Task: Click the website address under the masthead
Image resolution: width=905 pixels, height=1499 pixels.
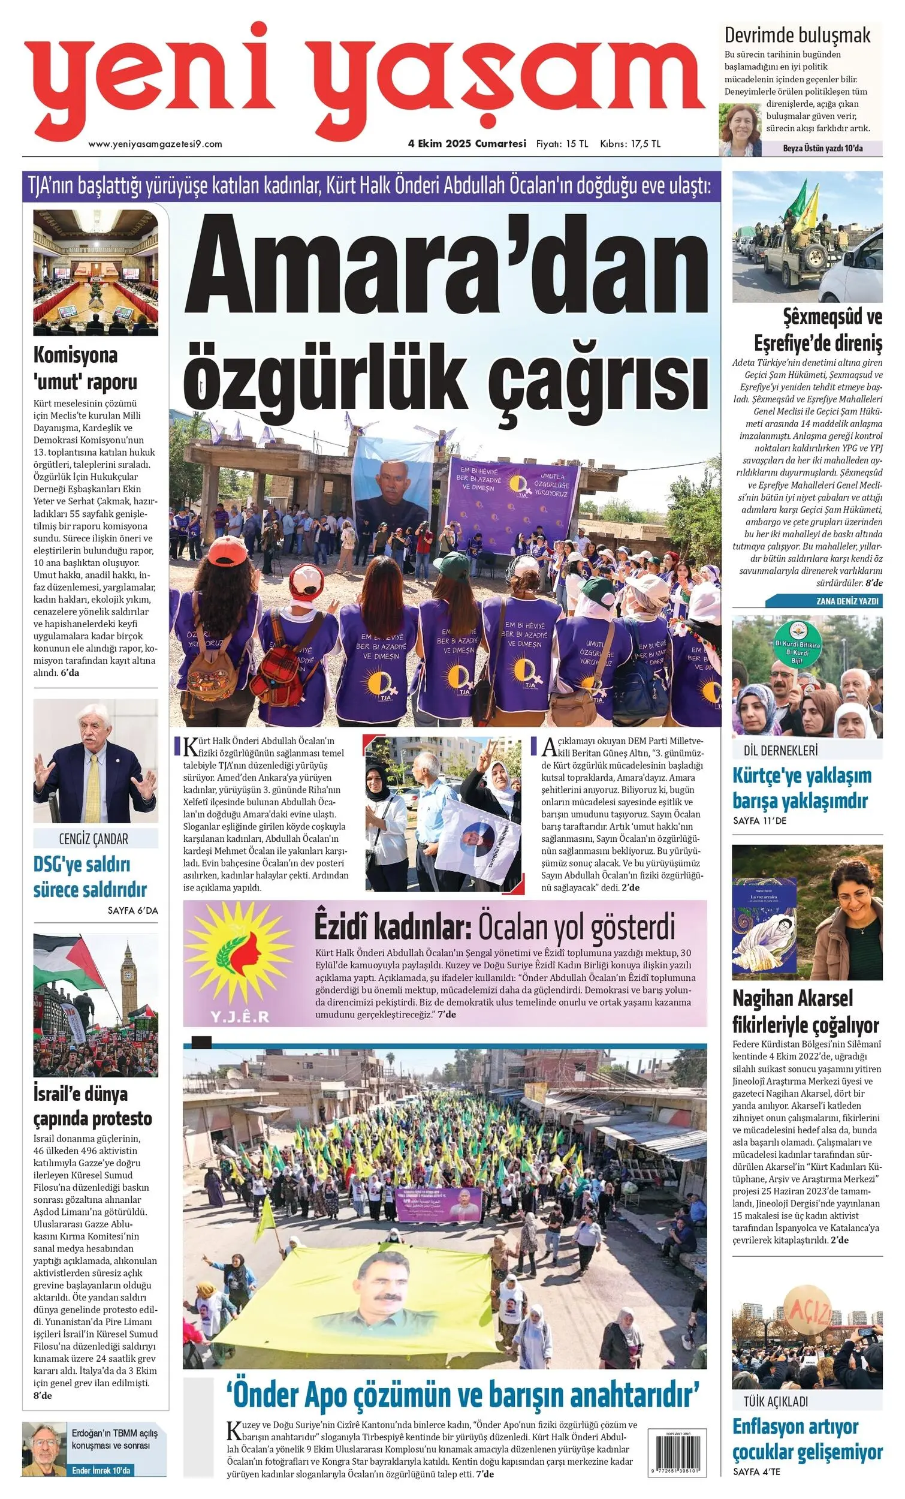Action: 155,144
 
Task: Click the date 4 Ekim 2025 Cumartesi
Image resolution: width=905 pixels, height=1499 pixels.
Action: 466,144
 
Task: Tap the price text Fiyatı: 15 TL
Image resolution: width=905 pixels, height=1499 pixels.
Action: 562,144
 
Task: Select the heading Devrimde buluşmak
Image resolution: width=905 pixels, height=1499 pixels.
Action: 797,35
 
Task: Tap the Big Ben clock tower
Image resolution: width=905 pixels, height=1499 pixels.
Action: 128,976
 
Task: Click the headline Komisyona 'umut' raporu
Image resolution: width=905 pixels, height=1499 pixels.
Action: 85,368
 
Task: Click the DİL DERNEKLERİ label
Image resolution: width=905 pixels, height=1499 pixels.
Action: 780,751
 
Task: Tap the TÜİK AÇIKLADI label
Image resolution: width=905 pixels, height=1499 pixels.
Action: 776,1402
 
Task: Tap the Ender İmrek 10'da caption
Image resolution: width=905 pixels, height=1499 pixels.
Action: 100,1470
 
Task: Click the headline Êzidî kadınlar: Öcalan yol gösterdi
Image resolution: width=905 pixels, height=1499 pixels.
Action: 494,927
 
